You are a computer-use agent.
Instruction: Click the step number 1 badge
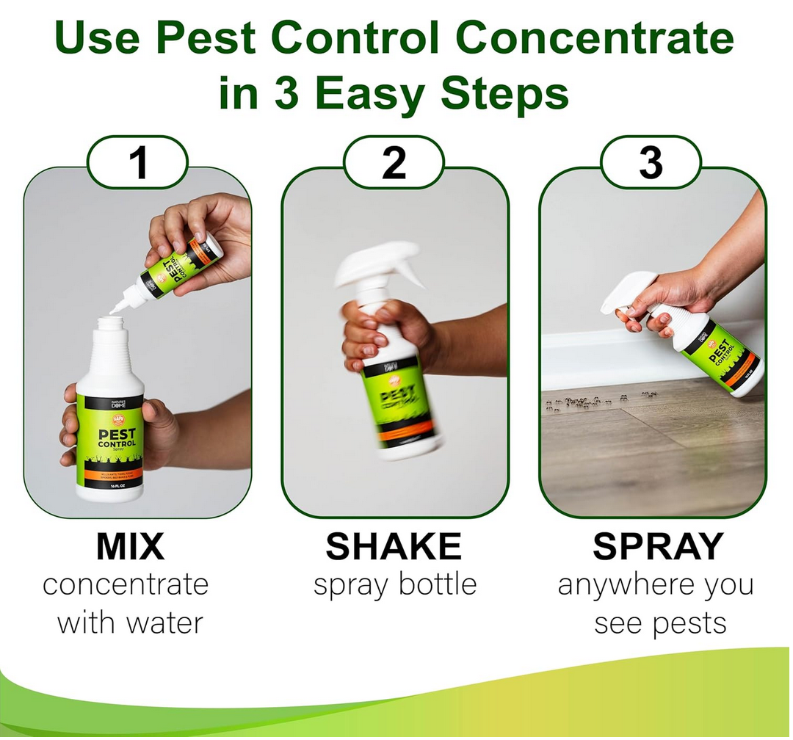click(138, 163)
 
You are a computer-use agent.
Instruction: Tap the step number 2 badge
click(394, 163)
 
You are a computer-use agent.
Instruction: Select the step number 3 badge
click(651, 163)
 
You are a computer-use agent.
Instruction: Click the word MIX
click(130, 546)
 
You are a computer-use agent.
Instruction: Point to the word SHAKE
click(394, 546)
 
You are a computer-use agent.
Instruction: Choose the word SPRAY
click(658, 546)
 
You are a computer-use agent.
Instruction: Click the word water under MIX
click(164, 623)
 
